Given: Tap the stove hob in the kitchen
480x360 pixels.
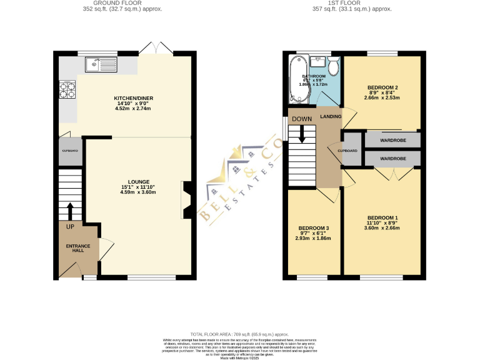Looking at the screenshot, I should point(66,91).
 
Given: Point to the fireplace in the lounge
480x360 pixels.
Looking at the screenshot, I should point(187,199).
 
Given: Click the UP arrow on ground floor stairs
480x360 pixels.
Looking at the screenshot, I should point(69,211).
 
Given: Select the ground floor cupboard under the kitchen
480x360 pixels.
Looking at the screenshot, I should point(71,152).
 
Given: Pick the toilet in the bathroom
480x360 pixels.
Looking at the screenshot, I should point(334,65).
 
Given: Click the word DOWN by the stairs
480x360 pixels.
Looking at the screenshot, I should point(301,119).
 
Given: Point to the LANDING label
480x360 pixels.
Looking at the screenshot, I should point(331,117).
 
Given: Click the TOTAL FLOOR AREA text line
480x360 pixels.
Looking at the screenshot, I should point(239,335).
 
